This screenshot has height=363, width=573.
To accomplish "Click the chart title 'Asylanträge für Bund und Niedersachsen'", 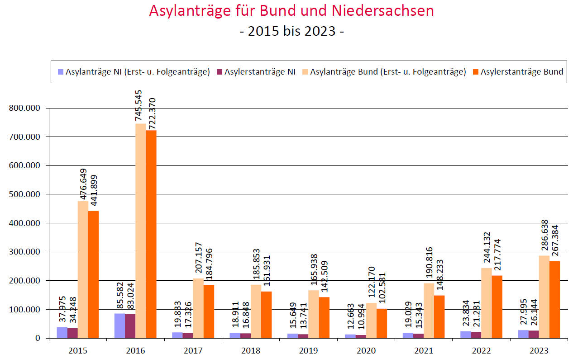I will [x=291, y=11].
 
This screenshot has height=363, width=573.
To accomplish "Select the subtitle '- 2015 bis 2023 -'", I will [x=291, y=31].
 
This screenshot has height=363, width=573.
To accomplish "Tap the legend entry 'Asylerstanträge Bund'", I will [x=521, y=72].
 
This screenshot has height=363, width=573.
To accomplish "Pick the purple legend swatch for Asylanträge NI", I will [x=60, y=72].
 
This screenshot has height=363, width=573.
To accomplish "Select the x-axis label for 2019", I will [x=308, y=351].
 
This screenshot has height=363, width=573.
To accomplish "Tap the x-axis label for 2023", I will [x=539, y=351].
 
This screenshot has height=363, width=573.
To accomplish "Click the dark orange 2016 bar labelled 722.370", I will [x=151, y=234].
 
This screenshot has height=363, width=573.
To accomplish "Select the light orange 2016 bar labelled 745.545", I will [x=140, y=231].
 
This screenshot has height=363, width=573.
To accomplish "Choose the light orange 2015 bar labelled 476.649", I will [x=83, y=269].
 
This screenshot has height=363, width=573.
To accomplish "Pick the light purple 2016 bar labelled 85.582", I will [x=119, y=326].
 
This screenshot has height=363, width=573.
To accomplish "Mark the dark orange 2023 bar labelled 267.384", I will [x=554, y=300].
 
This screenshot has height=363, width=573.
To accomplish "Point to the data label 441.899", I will [x=95, y=190].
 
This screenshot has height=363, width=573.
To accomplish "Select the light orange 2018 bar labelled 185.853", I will [x=256, y=311].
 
